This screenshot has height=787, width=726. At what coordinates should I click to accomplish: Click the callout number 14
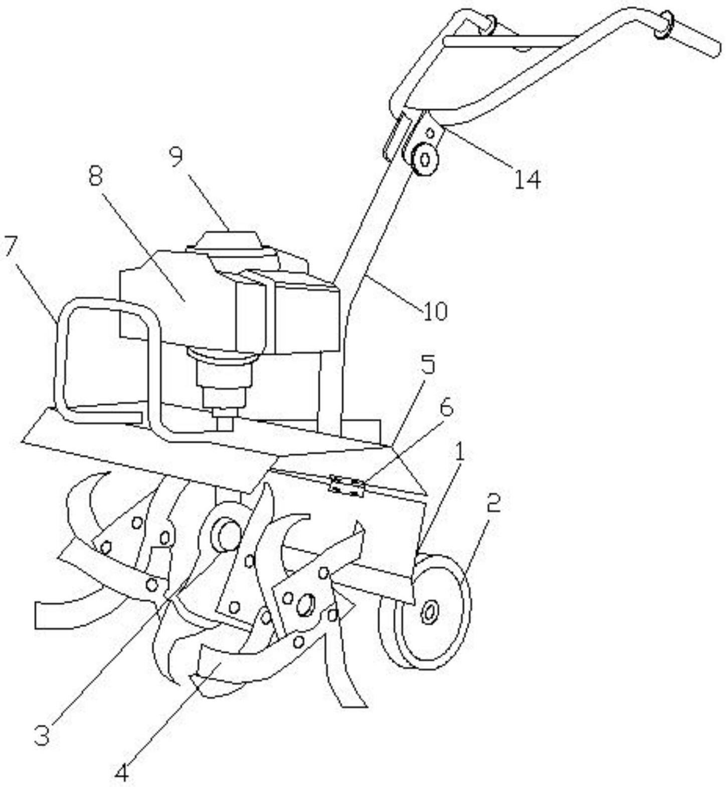(x=527, y=179)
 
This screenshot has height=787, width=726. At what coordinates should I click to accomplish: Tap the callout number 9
(x=176, y=156)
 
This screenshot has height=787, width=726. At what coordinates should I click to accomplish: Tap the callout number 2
(x=493, y=502)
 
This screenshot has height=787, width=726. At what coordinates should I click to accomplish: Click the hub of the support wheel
(x=429, y=613)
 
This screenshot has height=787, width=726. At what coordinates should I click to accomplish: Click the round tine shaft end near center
(x=228, y=534)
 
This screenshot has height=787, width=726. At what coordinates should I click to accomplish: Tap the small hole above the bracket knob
(x=430, y=133)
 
